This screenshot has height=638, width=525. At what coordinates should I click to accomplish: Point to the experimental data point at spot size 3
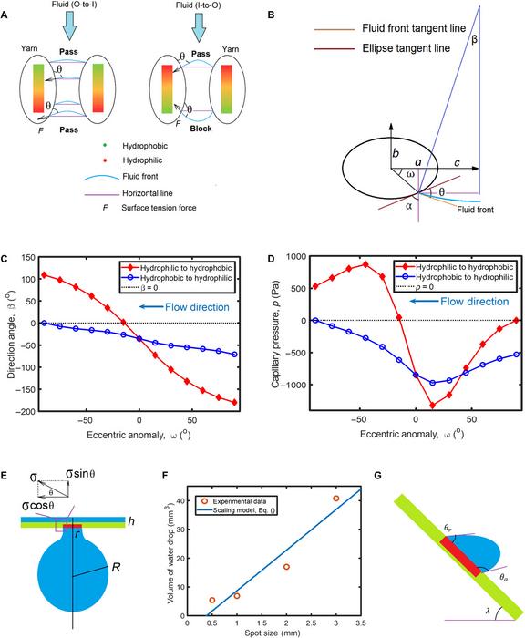click(x=336, y=499)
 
